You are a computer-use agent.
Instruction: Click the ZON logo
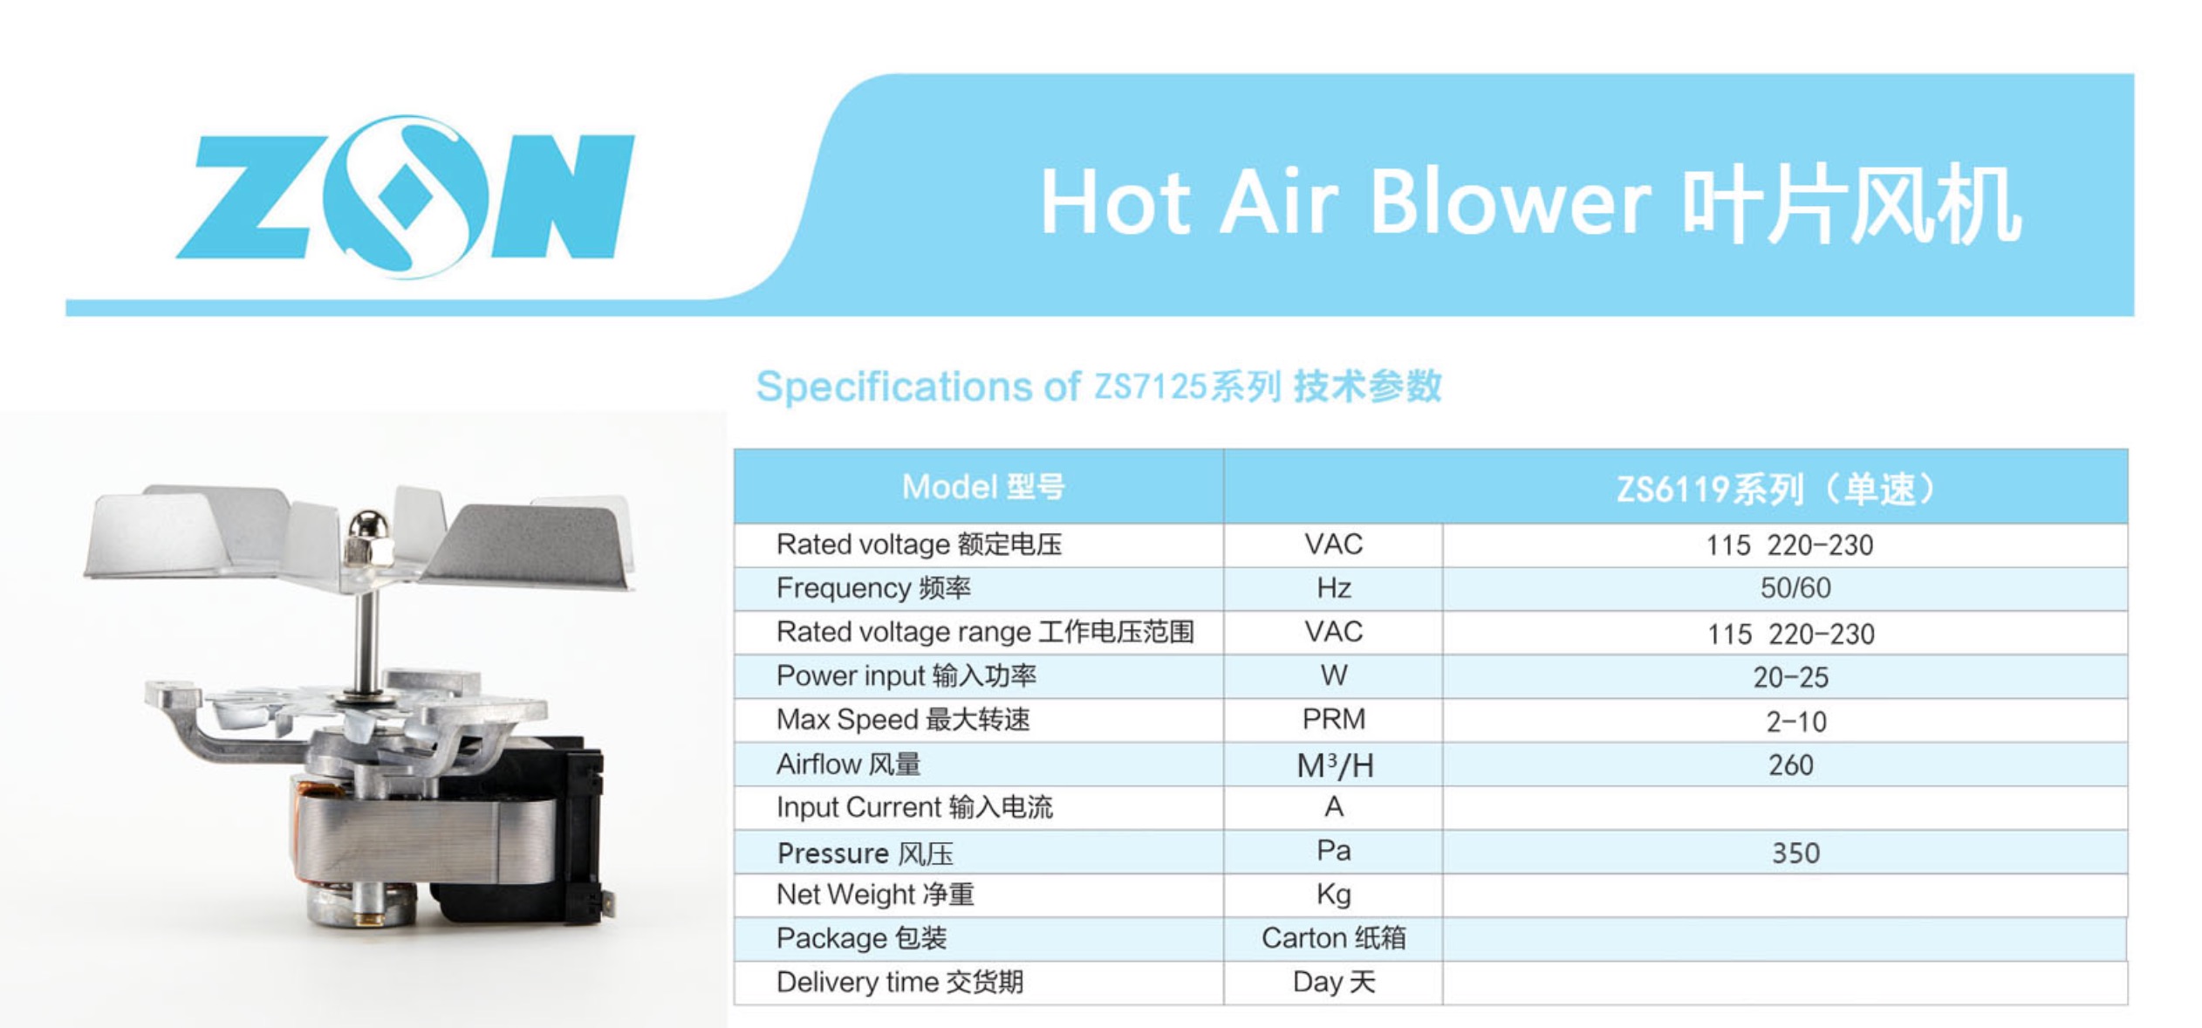(x=405, y=197)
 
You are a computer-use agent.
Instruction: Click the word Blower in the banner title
(x=1511, y=202)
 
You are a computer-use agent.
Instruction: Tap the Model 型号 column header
(x=983, y=487)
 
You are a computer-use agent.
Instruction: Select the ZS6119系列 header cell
(x=1776, y=489)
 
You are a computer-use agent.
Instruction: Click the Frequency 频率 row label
(x=873, y=588)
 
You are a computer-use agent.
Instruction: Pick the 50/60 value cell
(x=1795, y=588)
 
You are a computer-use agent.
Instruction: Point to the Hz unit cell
(x=1334, y=588)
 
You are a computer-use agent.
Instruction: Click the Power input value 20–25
(x=1790, y=677)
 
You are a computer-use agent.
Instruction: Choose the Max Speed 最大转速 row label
(x=903, y=720)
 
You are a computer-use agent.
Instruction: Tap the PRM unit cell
(x=1334, y=719)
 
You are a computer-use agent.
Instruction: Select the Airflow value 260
(x=1790, y=765)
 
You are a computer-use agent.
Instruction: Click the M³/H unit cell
(x=1335, y=766)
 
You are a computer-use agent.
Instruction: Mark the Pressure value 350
(x=1795, y=853)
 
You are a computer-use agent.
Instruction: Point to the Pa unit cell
(x=1334, y=851)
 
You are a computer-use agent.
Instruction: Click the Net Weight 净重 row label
(x=875, y=894)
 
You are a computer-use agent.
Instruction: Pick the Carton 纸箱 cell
(x=1334, y=938)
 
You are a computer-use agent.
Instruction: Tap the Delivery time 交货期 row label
(x=899, y=982)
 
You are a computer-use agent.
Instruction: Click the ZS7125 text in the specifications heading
(x=1150, y=387)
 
